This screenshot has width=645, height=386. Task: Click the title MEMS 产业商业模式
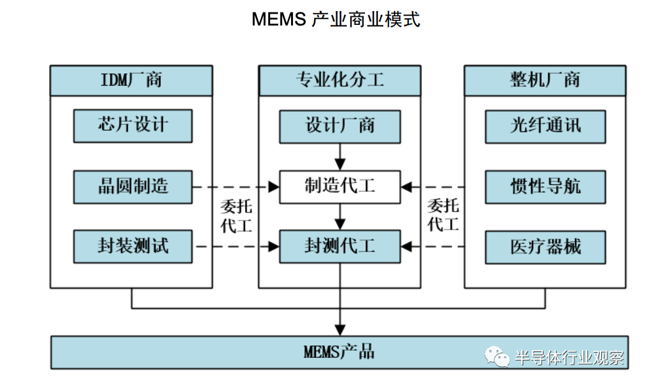pos(335,19)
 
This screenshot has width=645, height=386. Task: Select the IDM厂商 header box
pos(131,80)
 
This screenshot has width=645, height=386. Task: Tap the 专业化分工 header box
pos(339,80)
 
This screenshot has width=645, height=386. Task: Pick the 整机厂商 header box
pos(544,80)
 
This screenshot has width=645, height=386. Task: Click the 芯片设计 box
pos(133,126)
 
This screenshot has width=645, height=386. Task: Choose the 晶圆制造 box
pos(133,187)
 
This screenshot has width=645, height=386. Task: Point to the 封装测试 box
pos(133,247)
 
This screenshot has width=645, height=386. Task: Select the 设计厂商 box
pos(340,126)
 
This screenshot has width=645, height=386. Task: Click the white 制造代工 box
pos(340,187)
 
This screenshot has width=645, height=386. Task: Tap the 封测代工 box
pos(340,247)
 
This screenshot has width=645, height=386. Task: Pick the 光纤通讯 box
pos(545,126)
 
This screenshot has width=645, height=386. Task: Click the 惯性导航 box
pos(545,187)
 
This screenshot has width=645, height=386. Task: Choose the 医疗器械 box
pos(545,247)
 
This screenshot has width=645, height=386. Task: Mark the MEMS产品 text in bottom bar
pos(339,352)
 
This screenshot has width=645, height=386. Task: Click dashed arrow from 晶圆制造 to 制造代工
pos(235,187)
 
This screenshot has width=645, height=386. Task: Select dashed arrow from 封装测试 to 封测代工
pos(235,247)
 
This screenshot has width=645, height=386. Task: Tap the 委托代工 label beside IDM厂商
pos(236,217)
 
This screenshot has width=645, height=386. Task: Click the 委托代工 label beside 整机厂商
pos(443,217)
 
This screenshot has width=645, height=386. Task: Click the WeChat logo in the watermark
pos(497,357)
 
